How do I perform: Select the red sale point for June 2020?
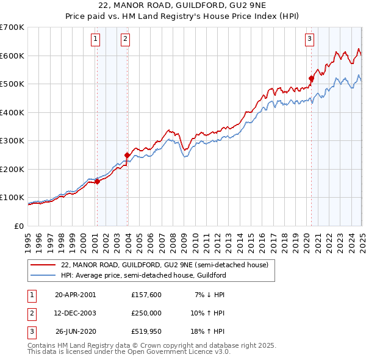pos(311,78)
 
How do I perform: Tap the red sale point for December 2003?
pos(127,155)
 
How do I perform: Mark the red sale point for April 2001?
pos(98,181)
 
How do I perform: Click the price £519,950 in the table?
pos(146,332)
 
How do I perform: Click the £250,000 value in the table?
pos(146,313)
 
